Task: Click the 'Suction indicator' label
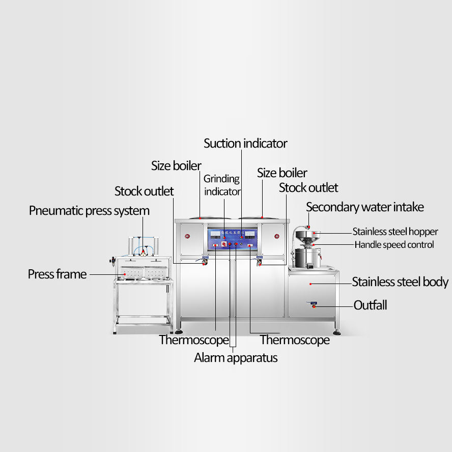coord(245,144)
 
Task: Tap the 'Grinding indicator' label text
coord(222,185)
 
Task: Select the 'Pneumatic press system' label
coord(89,211)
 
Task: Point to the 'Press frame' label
coord(57,274)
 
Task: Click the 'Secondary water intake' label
coord(365,207)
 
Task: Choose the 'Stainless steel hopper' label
coord(395,232)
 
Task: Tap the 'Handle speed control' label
coord(394,245)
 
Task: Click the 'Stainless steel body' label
coord(400,282)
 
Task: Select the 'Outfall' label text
coord(370,305)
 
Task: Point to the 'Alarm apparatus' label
coord(236,358)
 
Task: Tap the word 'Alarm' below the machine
coord(209,358)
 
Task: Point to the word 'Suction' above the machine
coord(222,144)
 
